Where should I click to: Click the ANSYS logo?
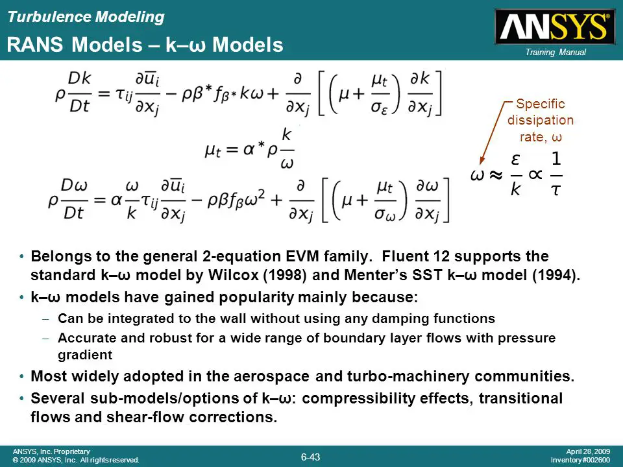[554, 27]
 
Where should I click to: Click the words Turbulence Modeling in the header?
[85, 18]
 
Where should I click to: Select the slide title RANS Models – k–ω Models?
[145, 45]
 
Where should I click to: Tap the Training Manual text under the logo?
[556, 53]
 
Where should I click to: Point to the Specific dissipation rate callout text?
[540, 120]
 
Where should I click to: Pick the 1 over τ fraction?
[556, 174]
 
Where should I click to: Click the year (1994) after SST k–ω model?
[555, 274]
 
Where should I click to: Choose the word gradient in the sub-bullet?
[85, 355]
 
